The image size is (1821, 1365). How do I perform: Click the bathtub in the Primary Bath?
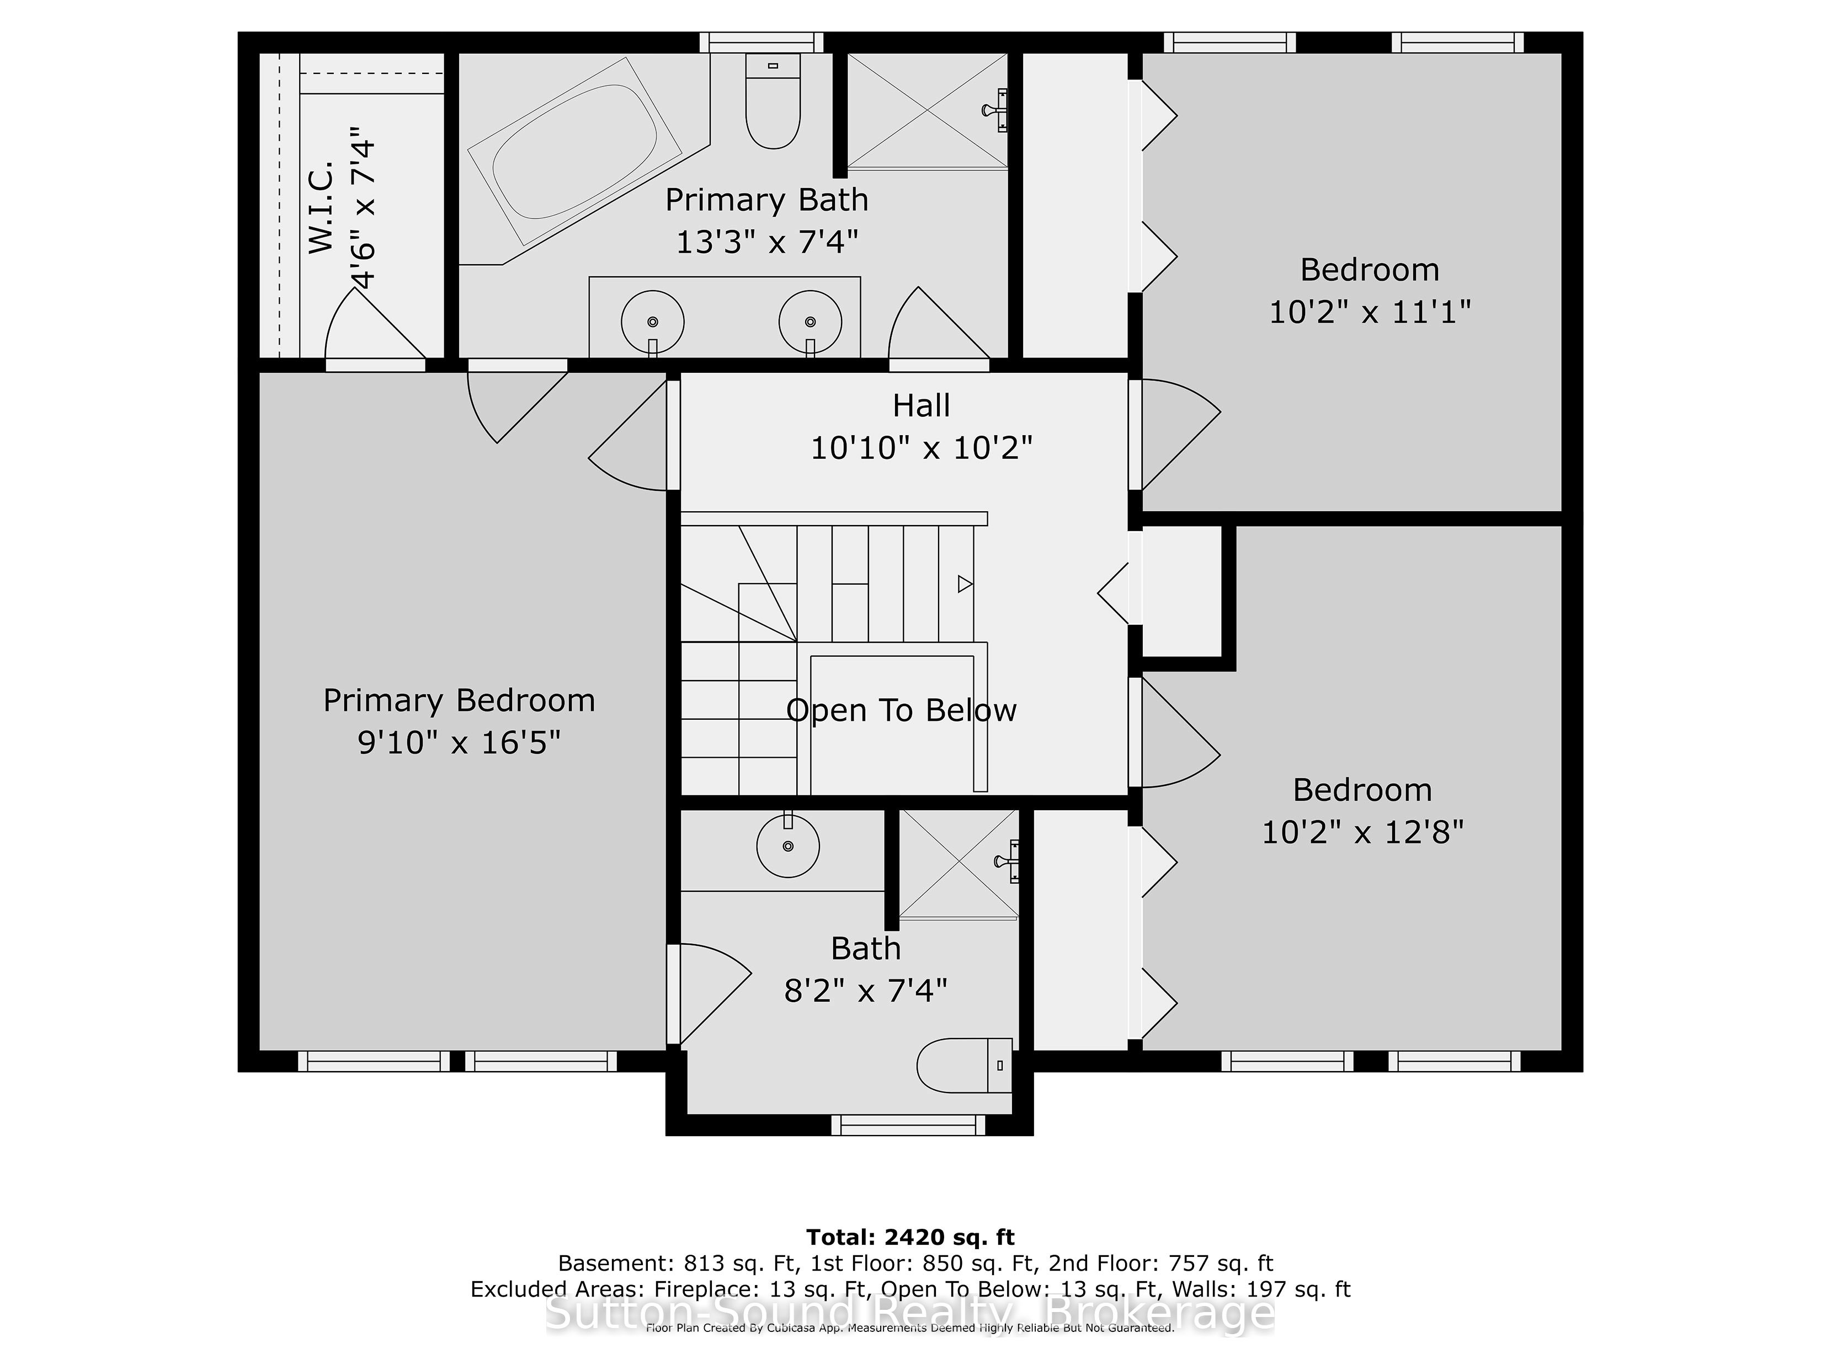click(574, 151)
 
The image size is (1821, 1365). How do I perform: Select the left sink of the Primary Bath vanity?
click(653, 322)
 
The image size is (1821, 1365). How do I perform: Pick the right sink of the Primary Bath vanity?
click(811, 322)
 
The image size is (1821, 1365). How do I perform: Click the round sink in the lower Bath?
click(788, 845)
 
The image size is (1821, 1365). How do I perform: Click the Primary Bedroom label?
click(459, 700)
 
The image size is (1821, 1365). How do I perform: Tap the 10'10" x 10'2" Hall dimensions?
click(921, 448)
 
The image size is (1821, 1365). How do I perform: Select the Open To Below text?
click(902, 710)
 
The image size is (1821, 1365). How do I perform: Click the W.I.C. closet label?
click(322, 207)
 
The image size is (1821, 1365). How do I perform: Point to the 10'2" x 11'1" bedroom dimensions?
click(1370, 312)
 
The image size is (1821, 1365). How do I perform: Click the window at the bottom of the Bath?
click(908, 1125)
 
